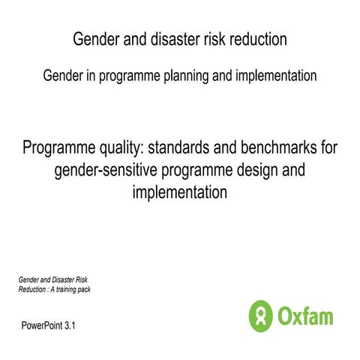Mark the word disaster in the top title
[168, 39]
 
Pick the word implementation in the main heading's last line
[179, 193]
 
